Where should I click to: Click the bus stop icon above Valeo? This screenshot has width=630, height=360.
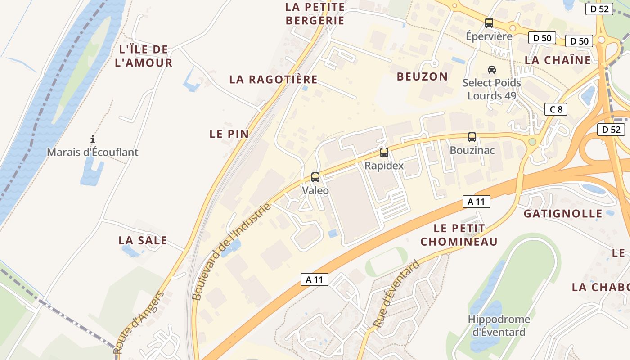click(315, 177)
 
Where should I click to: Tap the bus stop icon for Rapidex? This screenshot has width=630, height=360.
click(384, 153)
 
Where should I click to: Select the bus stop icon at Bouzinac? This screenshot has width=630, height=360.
click(472, 137)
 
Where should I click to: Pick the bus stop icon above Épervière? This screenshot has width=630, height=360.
click(489, 22)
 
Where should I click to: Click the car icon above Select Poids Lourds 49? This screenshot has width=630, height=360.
click(492, 70)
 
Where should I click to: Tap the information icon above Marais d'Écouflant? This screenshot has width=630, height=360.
click(93, 139)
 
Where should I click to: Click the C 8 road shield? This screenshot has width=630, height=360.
click(556, 109)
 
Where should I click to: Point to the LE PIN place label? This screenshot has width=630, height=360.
click(229, 134)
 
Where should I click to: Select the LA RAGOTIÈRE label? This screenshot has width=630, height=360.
click(273, 80)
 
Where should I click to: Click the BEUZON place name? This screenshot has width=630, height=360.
click(422, 76)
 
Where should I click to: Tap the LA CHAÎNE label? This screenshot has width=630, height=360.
click(558, 60)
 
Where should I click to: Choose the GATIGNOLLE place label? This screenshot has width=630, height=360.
click(562, 214)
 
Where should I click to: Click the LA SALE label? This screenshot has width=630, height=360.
click(143, 240)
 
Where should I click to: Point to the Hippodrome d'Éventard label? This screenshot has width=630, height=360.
click(499, 326)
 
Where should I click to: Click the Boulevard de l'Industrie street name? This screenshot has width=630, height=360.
click(232, 251)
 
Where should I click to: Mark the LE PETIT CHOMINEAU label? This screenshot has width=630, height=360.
click(459, 235)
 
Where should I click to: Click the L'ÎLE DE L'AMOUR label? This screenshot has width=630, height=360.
click(144, 56)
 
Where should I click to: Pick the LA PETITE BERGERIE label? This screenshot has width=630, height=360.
click(315, 13)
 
